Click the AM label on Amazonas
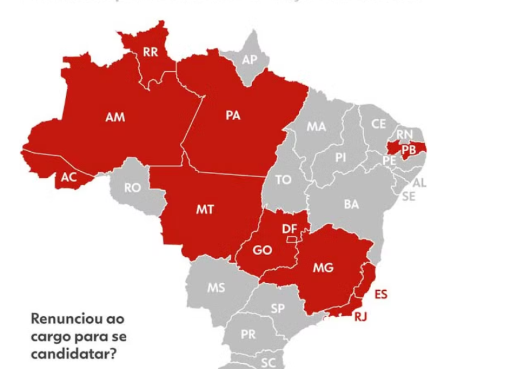[x=115, y=117]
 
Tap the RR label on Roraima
[x=151, y=52]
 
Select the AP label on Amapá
[x=249, y=60]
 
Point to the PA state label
[x=233, y=116]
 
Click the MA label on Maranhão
[x=316, y=126]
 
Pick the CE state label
[x=379, y=124]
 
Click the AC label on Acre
[x=68, y=178]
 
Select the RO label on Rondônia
[x=132, y=187]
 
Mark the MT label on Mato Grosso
[x=205, y=210]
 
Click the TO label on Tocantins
[x=283, y=180]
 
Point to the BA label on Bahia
[x=352, y=204]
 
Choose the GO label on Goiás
[x=263, y=251]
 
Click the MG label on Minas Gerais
[x=323, y=267]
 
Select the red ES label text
[x=380, y=294]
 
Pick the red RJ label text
[x=360, y=316]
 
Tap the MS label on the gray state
[x=216, y=287]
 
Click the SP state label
[x=277, y=309]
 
